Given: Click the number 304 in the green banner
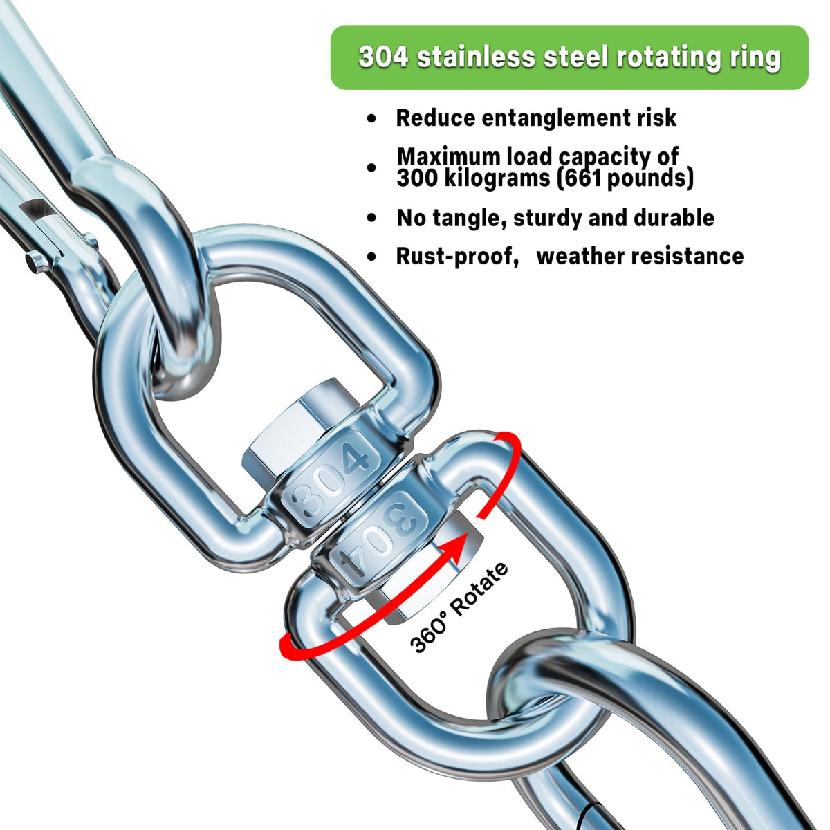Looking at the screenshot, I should click(383, 57).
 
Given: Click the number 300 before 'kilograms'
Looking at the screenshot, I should click(417, 178).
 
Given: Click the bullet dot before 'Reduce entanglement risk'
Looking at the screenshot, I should click(373, 119).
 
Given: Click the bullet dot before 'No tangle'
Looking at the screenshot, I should click(373, 219).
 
